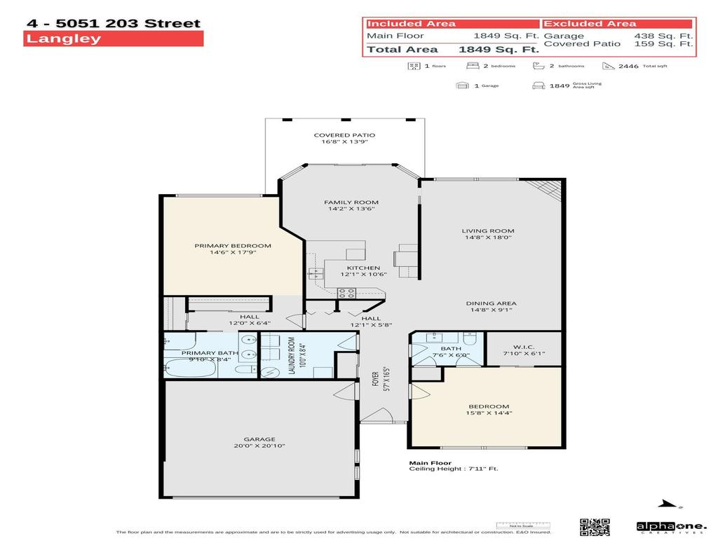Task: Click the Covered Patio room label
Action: pyautogui.click(x=344, y=135)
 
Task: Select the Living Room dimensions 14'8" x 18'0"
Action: pyautogui.click(x=488, y=237)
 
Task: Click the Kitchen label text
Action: pyautogui.click(x=363, y=268)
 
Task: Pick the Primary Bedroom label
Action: pyautogui.click(x=233, y=246)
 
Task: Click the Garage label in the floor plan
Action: pyautogui.click(x=259, y=439)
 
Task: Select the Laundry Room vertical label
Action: pyautogui.click(x=292, y=356)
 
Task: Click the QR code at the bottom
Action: pyautogui.click(x=594, y=527)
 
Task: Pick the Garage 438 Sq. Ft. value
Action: pyautogui.click(x=663, y=36)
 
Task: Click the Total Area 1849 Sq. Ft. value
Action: pyautogui.click(x=499, y=49)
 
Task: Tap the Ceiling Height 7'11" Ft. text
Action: pyautogui.click(x=454, y=469)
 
